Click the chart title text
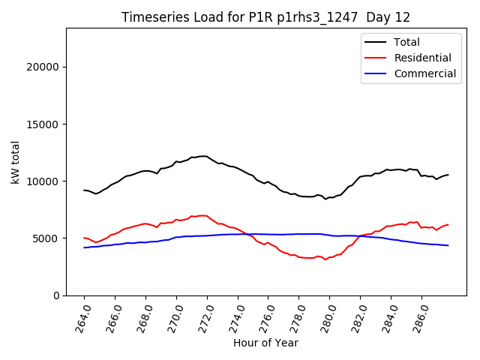click(265, 17)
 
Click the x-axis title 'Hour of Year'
click(265, 343)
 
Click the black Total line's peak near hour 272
click(203, 156)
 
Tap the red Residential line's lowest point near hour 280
click(325, 259)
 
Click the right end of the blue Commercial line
click(448, 245)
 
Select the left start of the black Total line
click(84, 190)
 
